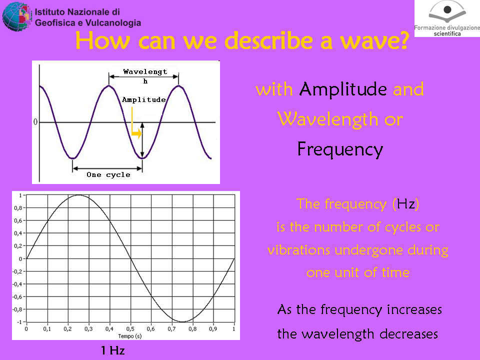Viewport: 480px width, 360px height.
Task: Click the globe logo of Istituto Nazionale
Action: point(17,16)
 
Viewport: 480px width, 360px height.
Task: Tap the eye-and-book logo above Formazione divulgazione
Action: point(447,12)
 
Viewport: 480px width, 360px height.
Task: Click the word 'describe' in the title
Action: point(269,40)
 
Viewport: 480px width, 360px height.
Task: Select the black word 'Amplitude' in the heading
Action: point(343,89)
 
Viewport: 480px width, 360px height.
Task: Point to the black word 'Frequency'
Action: point(340,149)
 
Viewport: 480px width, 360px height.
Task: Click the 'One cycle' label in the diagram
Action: point(108,175)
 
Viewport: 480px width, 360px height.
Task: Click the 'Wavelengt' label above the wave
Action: point(145,71)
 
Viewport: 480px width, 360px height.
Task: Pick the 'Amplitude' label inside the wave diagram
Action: point(144,100)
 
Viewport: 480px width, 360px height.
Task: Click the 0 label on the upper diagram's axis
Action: point(35,122)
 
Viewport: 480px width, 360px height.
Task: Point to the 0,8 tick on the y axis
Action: point(18,208)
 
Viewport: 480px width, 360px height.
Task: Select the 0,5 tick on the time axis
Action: point(130,329)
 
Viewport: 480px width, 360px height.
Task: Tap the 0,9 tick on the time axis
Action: point(213,329)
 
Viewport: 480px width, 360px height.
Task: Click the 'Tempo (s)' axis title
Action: point(130,336)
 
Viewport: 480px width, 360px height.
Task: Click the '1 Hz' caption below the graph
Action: point(113,350)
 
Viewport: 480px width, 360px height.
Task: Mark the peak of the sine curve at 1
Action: point(78,195)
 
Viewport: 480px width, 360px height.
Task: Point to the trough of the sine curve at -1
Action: point(182,321)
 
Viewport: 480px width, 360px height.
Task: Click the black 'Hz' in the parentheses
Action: point(406,204)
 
